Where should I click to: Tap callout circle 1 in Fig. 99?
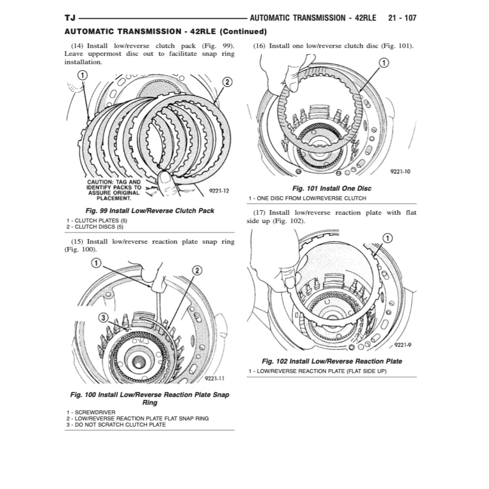tap(81, 75)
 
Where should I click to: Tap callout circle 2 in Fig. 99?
tap(227, 82)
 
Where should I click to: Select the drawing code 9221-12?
tap(219, 191)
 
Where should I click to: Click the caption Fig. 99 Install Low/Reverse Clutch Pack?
tap(149, 211)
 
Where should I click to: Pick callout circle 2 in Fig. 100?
tap(197, 270)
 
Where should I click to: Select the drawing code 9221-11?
tap(214, 378)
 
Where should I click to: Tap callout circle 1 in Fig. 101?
tap(384, 63)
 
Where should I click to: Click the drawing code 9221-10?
tap(400, 172)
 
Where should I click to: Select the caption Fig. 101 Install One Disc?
tap(332, 188)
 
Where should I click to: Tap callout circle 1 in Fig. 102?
tap(388, 238)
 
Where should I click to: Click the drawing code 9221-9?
tap(402, 345)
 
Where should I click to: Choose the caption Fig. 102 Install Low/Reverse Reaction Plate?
tap(332, 361)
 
